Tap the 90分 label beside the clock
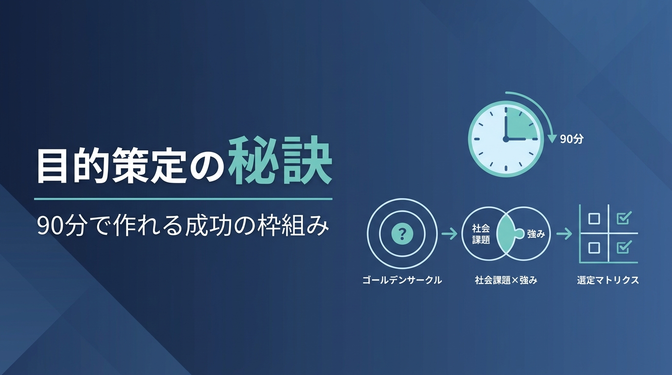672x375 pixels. pos(572,139)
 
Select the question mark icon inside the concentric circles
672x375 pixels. pos(402,234)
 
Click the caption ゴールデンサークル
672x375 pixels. pos(402,280)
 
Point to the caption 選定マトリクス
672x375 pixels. pos(608,280)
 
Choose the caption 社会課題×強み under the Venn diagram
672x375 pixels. pos(506,280)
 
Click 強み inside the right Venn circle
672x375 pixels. pos(536,234)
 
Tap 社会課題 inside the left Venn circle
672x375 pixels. pos(481,234)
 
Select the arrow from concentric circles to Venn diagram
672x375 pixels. pos(449,234)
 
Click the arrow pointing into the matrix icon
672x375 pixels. pos(564,234)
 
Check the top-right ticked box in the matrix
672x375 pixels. pos(624,218)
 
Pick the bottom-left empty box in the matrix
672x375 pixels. pos(594,248)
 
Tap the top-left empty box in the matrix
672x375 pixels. pos(594,219)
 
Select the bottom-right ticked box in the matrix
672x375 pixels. pos(624,247)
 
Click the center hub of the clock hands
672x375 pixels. pos(506,139)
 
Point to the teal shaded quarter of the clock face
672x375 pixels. pos(521,124)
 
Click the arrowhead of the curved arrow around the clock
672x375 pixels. pos(552,139)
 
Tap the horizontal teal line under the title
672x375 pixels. pos(183,199)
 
